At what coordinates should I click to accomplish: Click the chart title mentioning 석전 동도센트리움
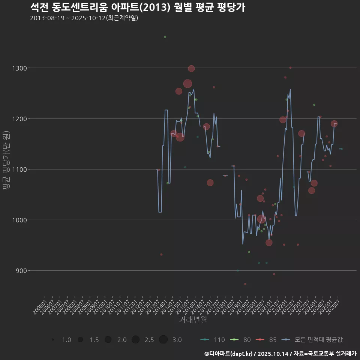[x=137, y=7]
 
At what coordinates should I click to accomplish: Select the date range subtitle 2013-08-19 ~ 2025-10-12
[x=84, y=18]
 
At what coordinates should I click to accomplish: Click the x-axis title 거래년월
[x=193, y=319]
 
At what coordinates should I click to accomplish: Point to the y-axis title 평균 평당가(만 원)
[x=6, y=160]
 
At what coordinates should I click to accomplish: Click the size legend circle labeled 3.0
[x=163, y=340]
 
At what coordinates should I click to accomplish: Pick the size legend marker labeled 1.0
[x=53, y=340]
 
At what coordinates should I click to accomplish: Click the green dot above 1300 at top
[x=165, y=37]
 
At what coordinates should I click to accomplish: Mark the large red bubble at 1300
[x=191, y=69]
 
